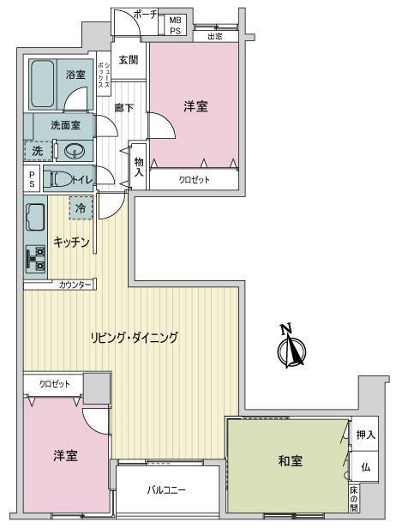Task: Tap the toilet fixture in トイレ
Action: point(57,179)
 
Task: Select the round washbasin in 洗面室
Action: point(74,151)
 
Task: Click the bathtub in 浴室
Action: point(43,84)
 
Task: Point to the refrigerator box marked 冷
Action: point(81,208)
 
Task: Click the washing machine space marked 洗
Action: point(39,151)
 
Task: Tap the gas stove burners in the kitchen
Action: point(36,259)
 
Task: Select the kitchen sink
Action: point(35,218)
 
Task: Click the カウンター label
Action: point(75,285)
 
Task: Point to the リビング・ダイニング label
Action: point(135,338)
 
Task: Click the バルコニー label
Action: point(166,489)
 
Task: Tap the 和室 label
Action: point(291,460)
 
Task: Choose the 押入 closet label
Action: point(366,435)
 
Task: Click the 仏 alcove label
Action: point(366,467)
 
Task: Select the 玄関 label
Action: point(129,60)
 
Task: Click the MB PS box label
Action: point(175,25)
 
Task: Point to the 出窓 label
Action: point(215,36)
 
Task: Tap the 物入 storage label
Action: point(139,166)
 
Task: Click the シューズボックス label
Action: point(104,74)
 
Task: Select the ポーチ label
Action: point(146,14)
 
